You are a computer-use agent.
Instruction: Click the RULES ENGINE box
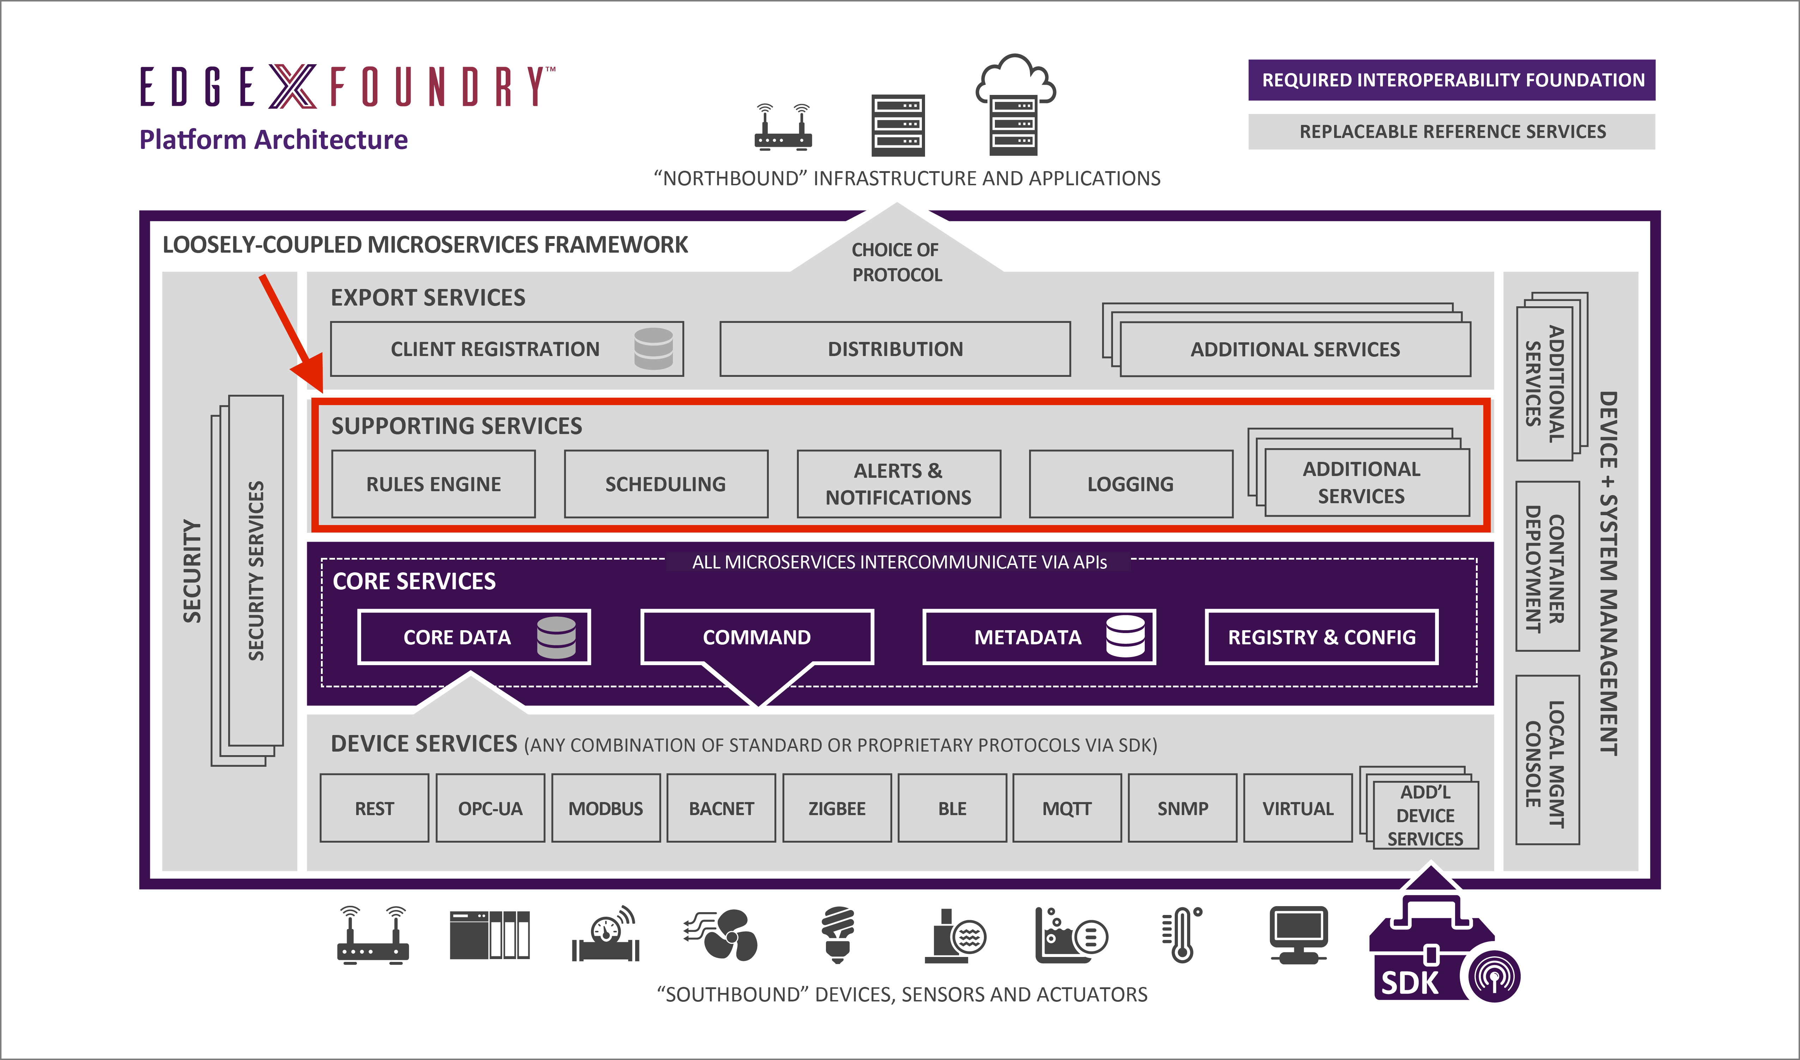433,484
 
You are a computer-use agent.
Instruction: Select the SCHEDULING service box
666,484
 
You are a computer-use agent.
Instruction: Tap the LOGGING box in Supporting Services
1131,484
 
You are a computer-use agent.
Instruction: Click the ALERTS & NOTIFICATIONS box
899,484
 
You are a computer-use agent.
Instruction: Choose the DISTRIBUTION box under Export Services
895,349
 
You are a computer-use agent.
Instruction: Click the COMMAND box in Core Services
757,637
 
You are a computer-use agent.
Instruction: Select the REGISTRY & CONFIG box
1321,637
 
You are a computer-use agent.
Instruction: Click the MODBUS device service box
606,808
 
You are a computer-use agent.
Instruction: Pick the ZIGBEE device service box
837,808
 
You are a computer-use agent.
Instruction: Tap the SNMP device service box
1183,808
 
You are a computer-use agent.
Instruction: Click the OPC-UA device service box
490,808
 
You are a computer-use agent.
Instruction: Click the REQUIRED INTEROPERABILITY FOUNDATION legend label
1452,80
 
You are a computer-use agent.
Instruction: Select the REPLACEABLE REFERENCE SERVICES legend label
1452,132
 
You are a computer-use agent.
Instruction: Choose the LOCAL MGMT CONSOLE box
1547,760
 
